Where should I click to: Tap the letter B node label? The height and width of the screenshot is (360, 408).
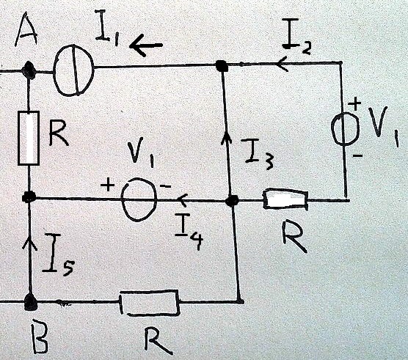tap(40, 339)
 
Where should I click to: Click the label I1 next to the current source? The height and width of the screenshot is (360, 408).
tap(106, 29)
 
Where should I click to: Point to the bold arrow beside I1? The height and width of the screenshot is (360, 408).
tap(146, 46)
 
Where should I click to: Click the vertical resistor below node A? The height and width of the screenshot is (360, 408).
tap(29, 138)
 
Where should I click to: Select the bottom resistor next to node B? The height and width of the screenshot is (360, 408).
tap(150, 303)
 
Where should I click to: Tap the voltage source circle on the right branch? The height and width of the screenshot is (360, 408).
tap(346, 128)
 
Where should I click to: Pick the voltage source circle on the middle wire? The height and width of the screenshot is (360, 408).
tap(139, 199)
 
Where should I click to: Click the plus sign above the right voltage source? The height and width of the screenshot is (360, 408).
tap(355, 105)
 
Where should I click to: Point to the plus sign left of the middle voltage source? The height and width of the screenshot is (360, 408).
tap(107, 185)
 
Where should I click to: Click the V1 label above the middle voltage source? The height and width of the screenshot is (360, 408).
tap(142, 153)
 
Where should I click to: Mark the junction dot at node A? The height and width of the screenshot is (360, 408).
tap(28, 70)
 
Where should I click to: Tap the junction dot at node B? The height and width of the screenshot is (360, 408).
tap(30, 302)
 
